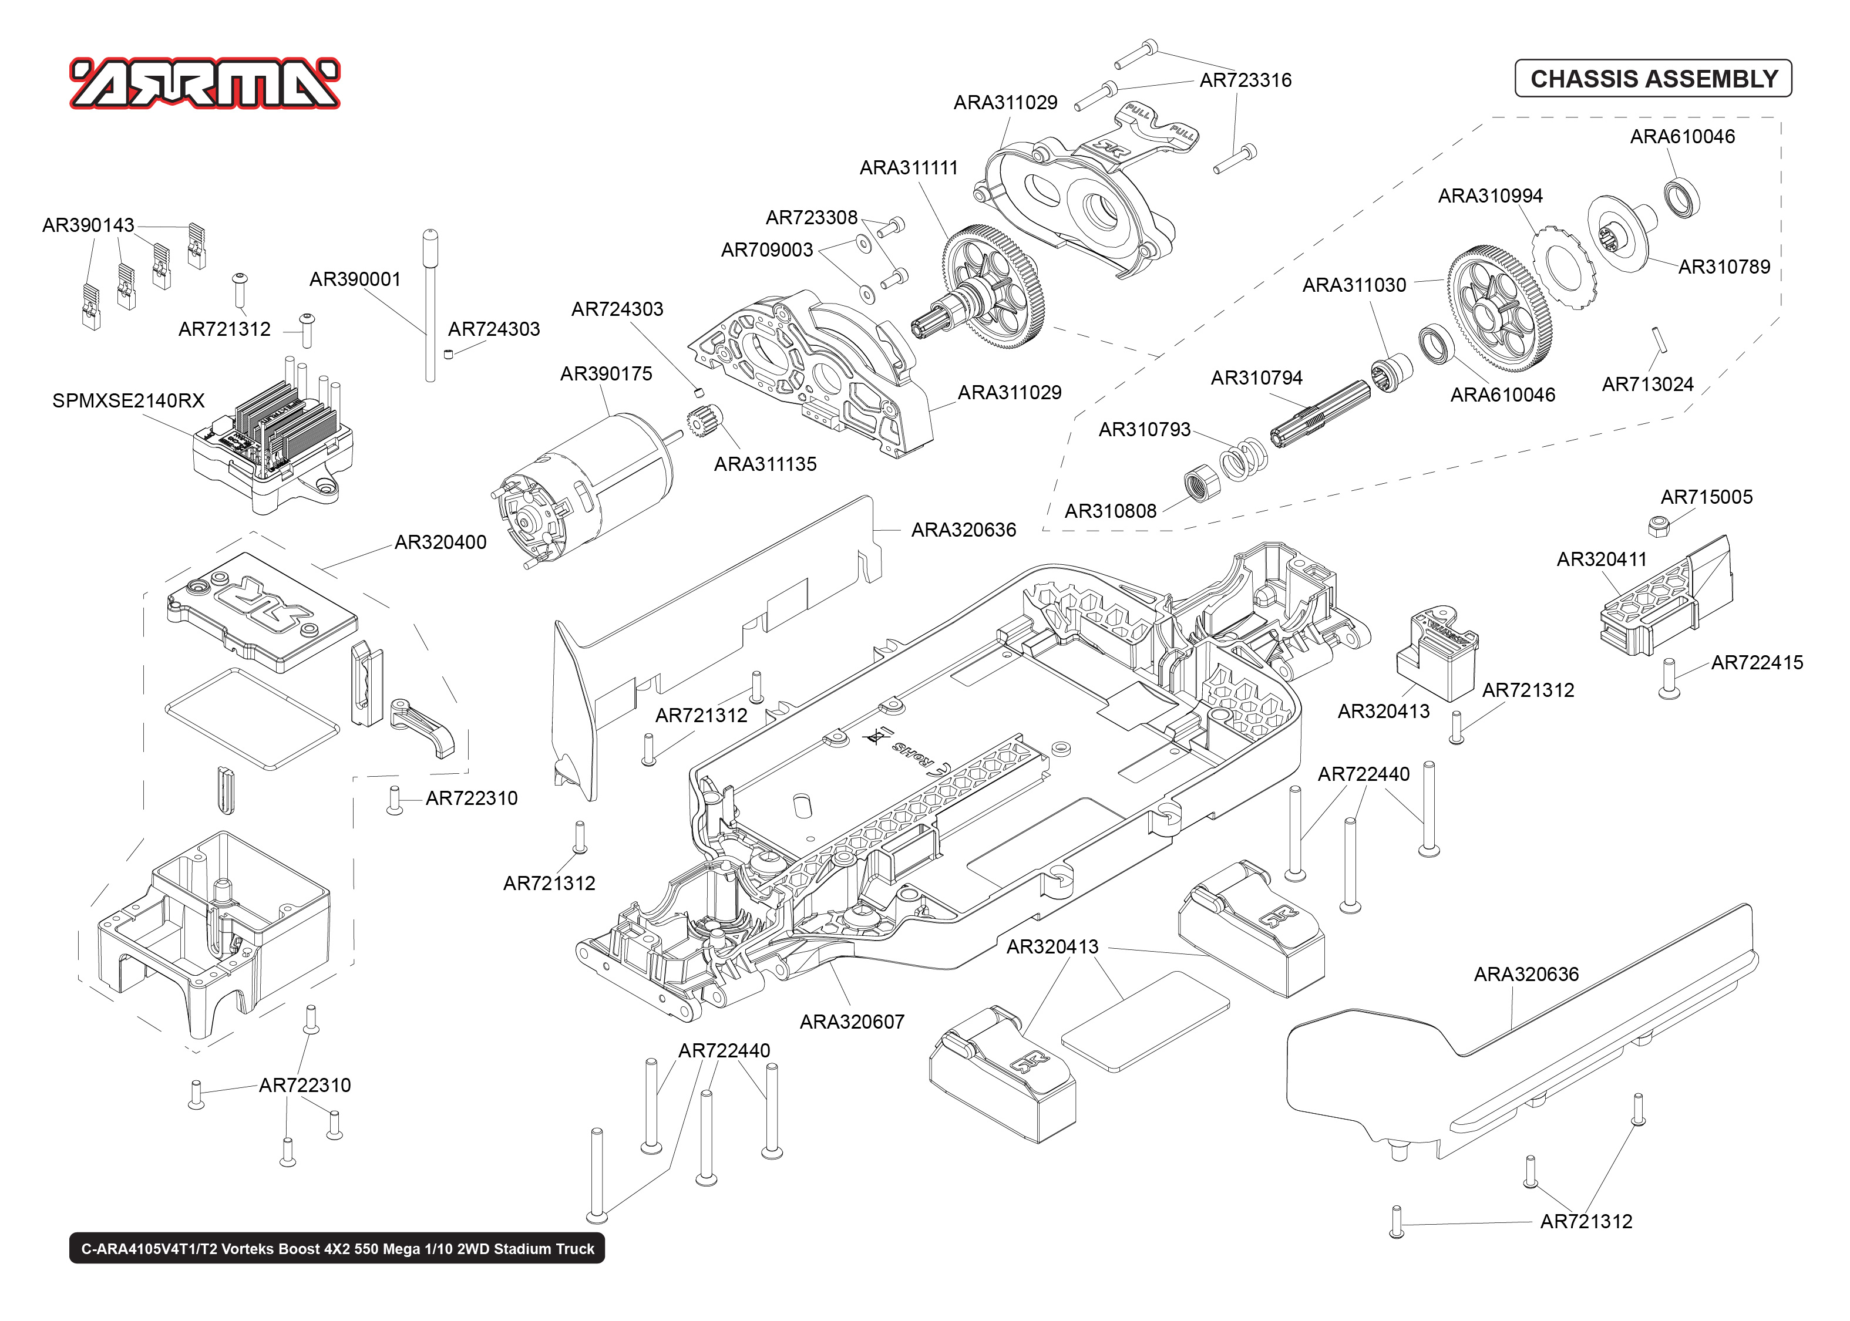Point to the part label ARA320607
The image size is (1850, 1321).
point(851,1022)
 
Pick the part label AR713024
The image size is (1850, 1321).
point(1647,384)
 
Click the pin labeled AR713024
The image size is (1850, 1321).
point(1660,339)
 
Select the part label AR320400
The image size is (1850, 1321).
point(440,542)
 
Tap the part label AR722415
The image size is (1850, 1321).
point(1757,663)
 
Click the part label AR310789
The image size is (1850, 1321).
point(1723,267)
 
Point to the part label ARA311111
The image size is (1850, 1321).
point(908,167)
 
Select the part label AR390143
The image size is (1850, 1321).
point(88,225)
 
